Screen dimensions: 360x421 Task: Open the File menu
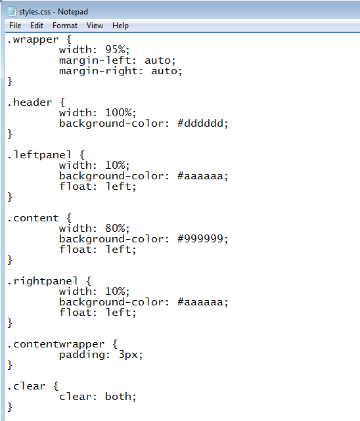pyautogui.click(x=15, y=26)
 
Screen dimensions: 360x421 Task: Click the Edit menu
pyautogui.click(x=37, y=26)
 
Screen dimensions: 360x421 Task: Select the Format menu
pyautogui.click(x=65, y=26)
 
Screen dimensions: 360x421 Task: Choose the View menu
pyautogui.click(x=95, y=26)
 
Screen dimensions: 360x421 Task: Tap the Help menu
pyautogui.click(x=120, y=26)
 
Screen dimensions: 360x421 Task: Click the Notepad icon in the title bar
pyautogui.click(x=12, y=11)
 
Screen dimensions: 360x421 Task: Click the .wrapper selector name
pyautogui.click(x=33, y=40)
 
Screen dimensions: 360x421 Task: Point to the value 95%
pyautogui.click(x=115, y=50)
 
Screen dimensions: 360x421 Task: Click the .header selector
pyautogui.click(x=30, y=102)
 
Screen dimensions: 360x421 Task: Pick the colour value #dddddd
pyautogui.click(x=200, y=123)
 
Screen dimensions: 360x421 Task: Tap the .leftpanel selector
pyautogui.click(x=39, y=155)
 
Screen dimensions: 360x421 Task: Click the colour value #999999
pyautogui.click(x=200, y=238)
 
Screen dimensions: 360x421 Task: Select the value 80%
pyautogui.click(x=115, y=229)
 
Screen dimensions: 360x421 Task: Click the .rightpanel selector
pyautogui.click(x=43, y=281)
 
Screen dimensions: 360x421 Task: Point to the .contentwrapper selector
pyautogui.click(x=56, y=344)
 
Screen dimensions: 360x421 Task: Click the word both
pyautogui.click(x=118, y=397)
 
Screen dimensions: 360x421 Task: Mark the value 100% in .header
pyautogui.click(x=118, y=113)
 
